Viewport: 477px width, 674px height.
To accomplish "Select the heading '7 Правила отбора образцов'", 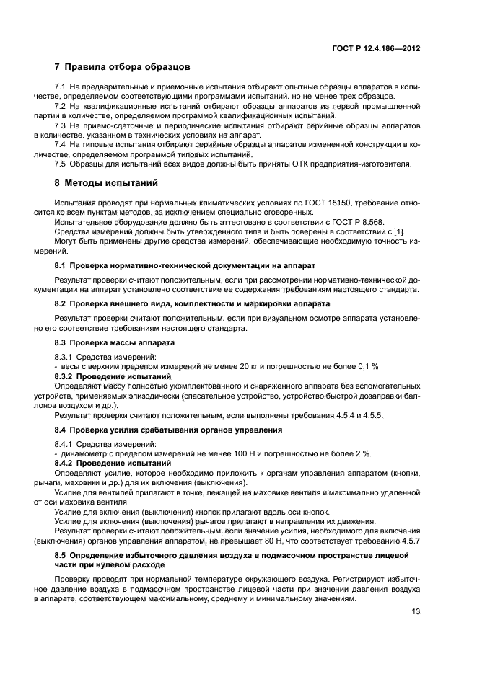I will tap(122, 68).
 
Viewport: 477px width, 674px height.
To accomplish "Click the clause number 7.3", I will tap(61, 125).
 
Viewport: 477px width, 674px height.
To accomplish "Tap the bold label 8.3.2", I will tap(66, 376).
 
